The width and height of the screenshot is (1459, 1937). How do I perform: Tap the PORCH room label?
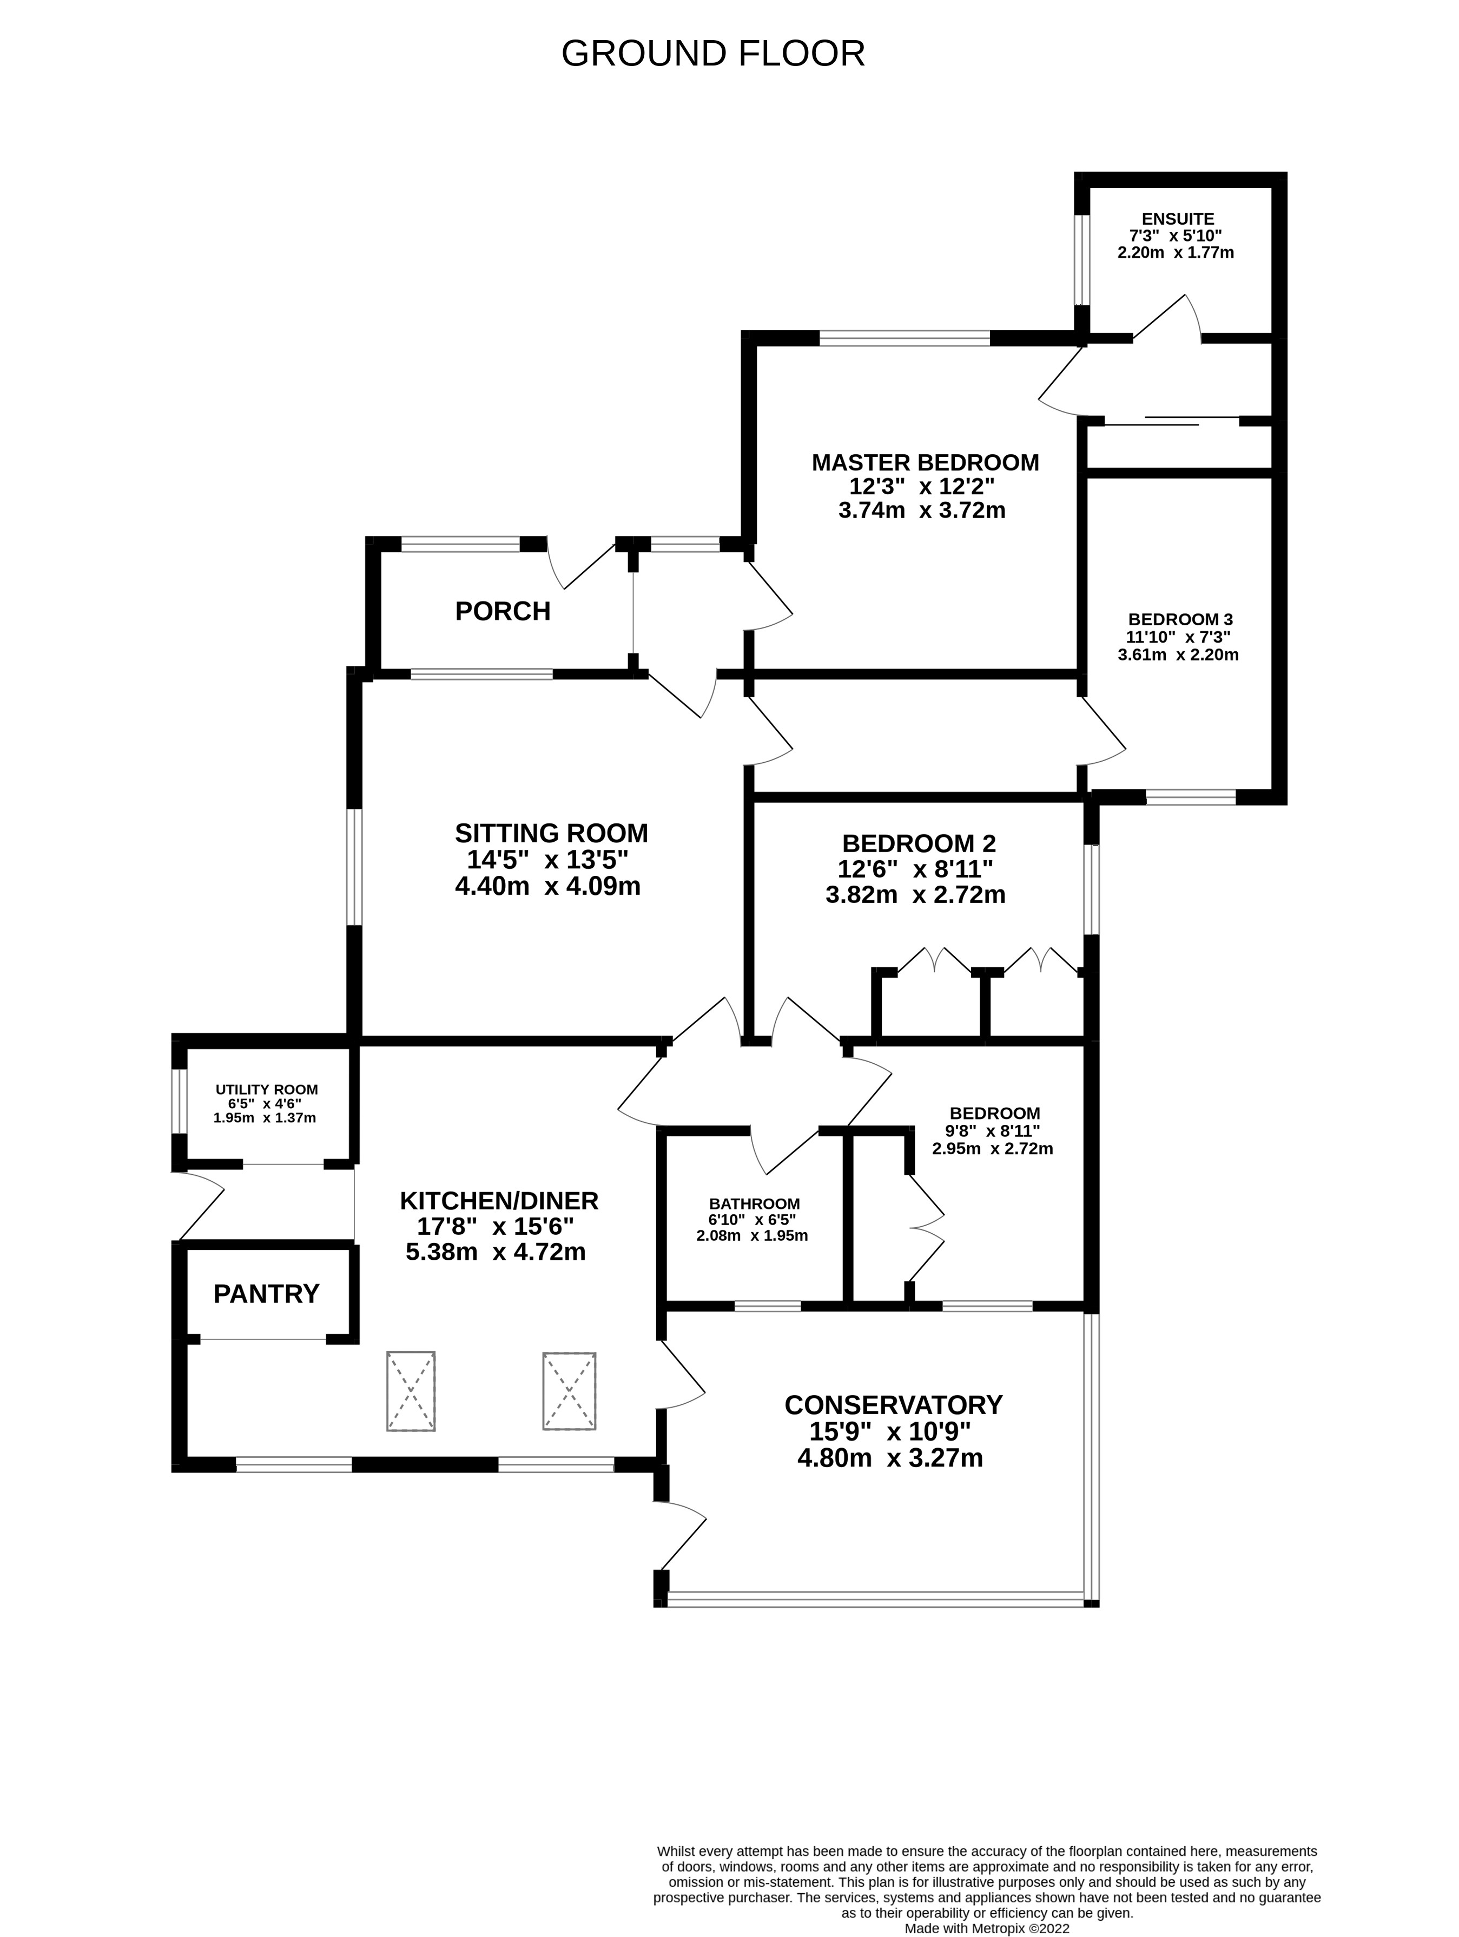click(503, 611)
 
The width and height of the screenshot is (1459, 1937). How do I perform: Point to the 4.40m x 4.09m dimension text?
click(548, 886)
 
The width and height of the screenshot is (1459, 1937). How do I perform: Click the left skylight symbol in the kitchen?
click(411, 1391)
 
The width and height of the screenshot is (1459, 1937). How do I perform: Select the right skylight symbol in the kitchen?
click(569, 1391)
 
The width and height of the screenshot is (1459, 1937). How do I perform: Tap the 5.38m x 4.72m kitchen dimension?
click(496, 1252)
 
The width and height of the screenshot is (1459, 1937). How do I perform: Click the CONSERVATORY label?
click(893, 1405)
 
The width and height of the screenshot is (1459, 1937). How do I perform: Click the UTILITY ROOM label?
click(266, 1089)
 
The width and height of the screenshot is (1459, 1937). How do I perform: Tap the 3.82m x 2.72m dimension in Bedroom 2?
click(915, 895)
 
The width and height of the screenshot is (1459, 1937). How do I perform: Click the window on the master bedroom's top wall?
click(904, 338)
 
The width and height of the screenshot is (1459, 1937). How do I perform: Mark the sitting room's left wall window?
click(354, 866)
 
